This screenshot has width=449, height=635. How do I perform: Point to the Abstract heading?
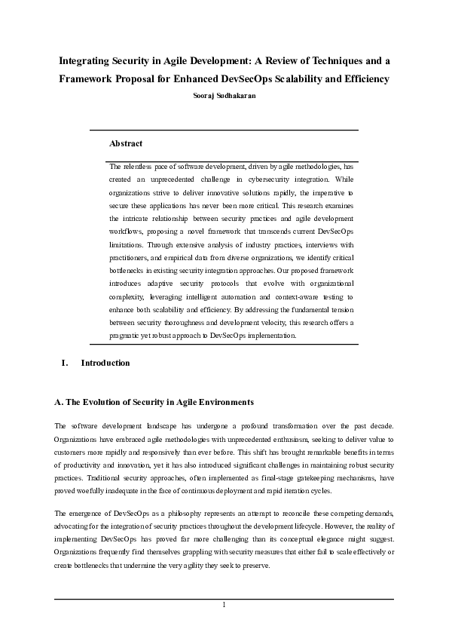click(126, 143)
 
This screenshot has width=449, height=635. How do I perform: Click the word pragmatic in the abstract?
click(127, 336)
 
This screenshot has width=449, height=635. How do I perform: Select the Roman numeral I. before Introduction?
click(65, 363)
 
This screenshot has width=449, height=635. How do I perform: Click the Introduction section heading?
click(105, 363)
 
